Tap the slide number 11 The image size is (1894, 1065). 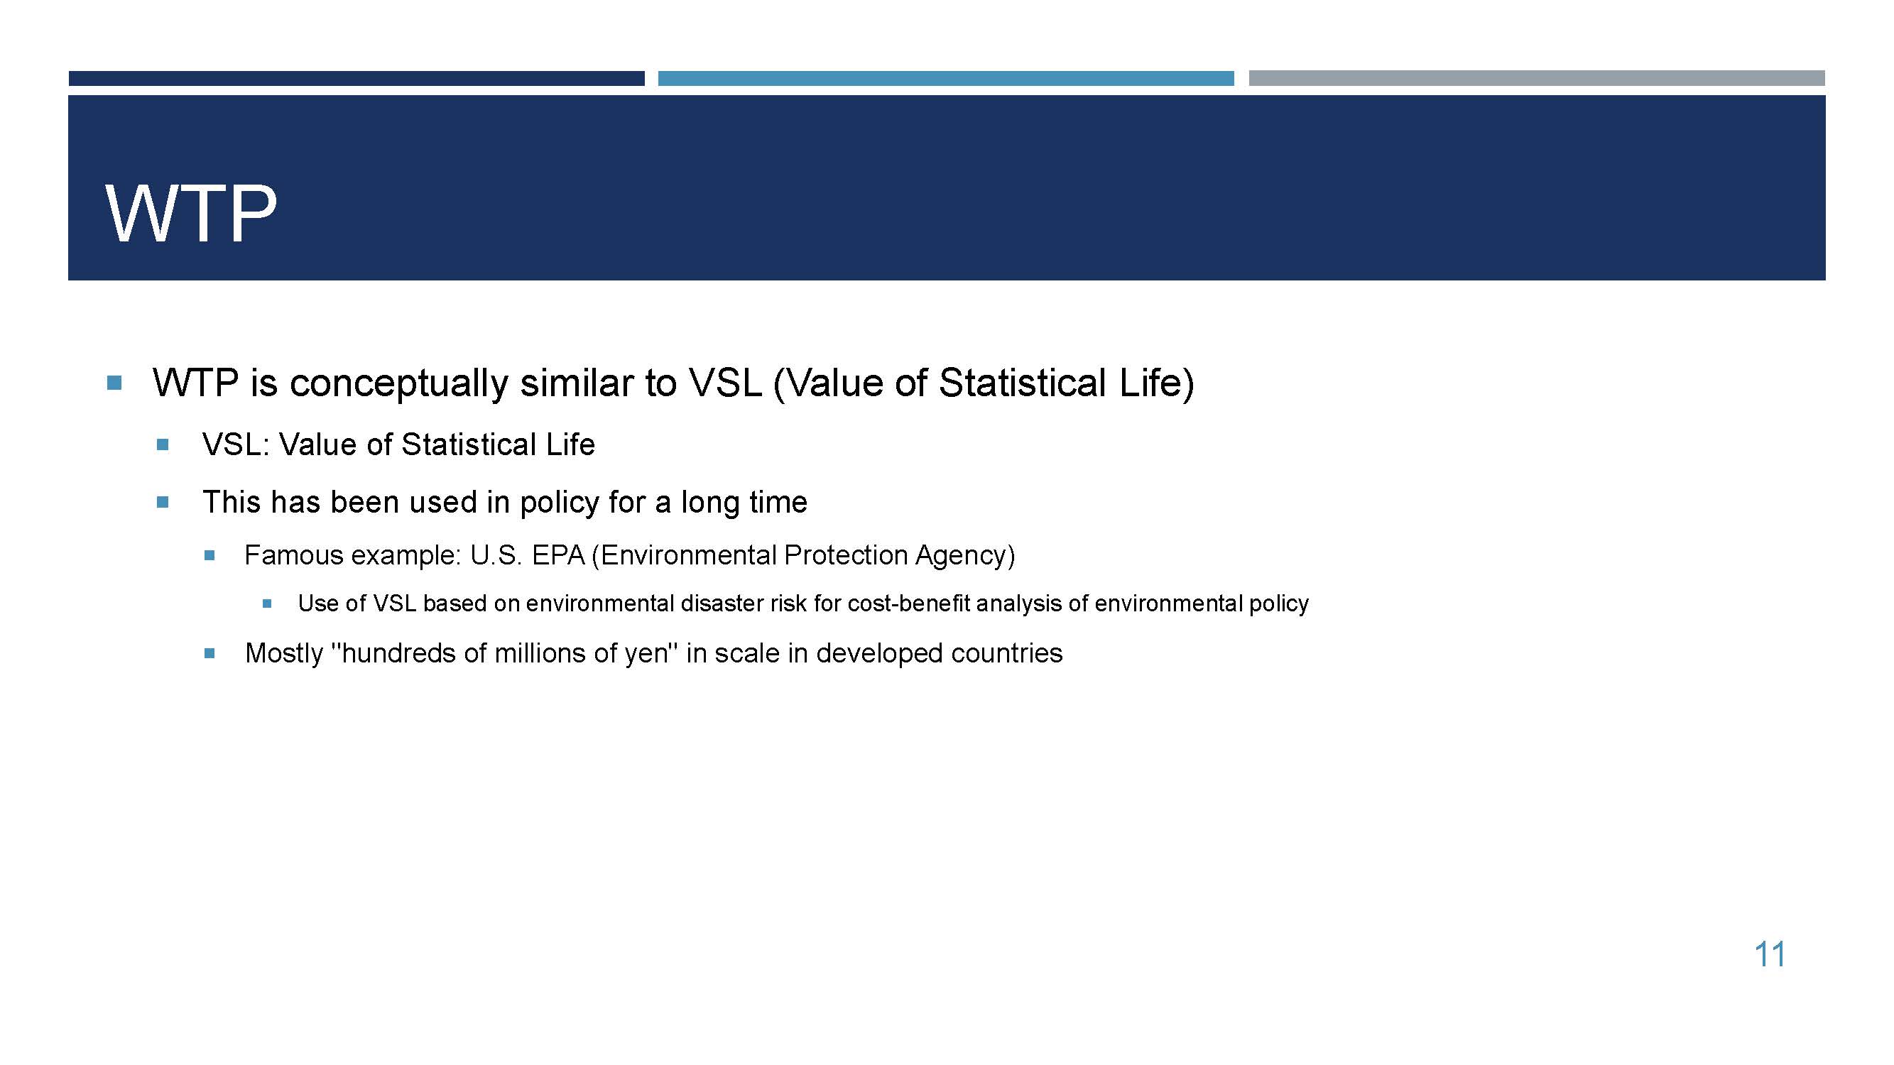point(1770,954)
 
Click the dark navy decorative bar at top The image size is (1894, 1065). point(357,78)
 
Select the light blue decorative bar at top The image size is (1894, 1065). point(945,78)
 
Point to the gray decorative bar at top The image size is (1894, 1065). point(1537,78)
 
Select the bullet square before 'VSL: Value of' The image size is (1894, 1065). point(163,444)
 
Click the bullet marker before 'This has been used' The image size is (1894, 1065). point(163,503)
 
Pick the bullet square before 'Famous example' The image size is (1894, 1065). point(209,556)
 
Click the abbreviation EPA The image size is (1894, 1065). point(558,555)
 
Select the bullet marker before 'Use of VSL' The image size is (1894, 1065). point(267,604)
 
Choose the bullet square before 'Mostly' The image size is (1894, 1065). point(209,652)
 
